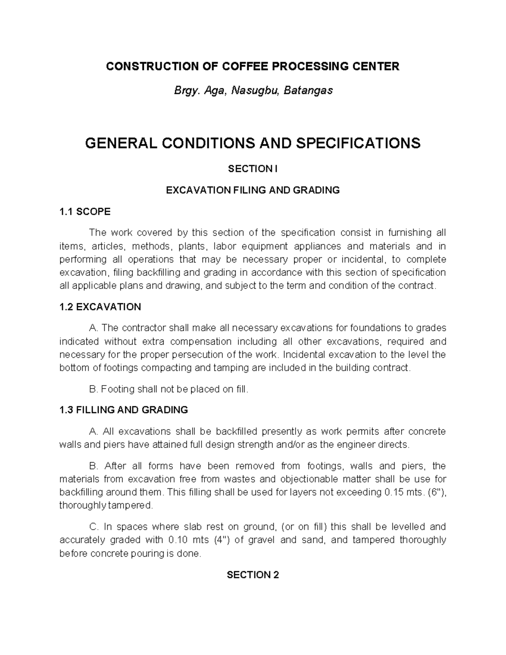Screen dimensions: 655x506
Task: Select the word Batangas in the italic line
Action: tap(308, 90)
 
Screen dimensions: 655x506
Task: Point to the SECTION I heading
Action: tap(253, 169)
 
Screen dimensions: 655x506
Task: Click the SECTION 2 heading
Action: tap(253, 575)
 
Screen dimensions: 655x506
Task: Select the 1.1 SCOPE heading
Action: tap(85, 212)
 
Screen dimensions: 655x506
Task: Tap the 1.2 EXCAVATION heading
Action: tap(100, 307)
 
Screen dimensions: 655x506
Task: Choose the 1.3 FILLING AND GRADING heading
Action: tap(124, 410)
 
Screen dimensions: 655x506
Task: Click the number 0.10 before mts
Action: tap(178, 540)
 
